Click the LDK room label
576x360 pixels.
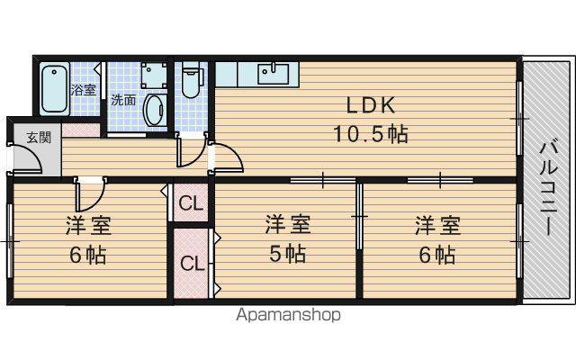[371, 105]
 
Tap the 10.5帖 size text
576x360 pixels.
[371, 133]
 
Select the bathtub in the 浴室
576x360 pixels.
[54, 88]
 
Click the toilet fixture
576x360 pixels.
[190, 80]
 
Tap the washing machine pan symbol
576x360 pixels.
[154, 75]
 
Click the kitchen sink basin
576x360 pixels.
[273, 74]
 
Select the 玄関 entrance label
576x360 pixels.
[38, 138]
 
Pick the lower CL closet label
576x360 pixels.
[192, 263]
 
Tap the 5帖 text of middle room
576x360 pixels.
[288, 254]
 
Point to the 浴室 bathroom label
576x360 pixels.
[83, 90]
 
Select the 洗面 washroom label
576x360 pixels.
[123, 100]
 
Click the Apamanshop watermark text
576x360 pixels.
[288, 315]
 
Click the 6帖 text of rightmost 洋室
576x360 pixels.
[437, 255]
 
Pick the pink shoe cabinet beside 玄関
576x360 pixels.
[81, 130]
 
